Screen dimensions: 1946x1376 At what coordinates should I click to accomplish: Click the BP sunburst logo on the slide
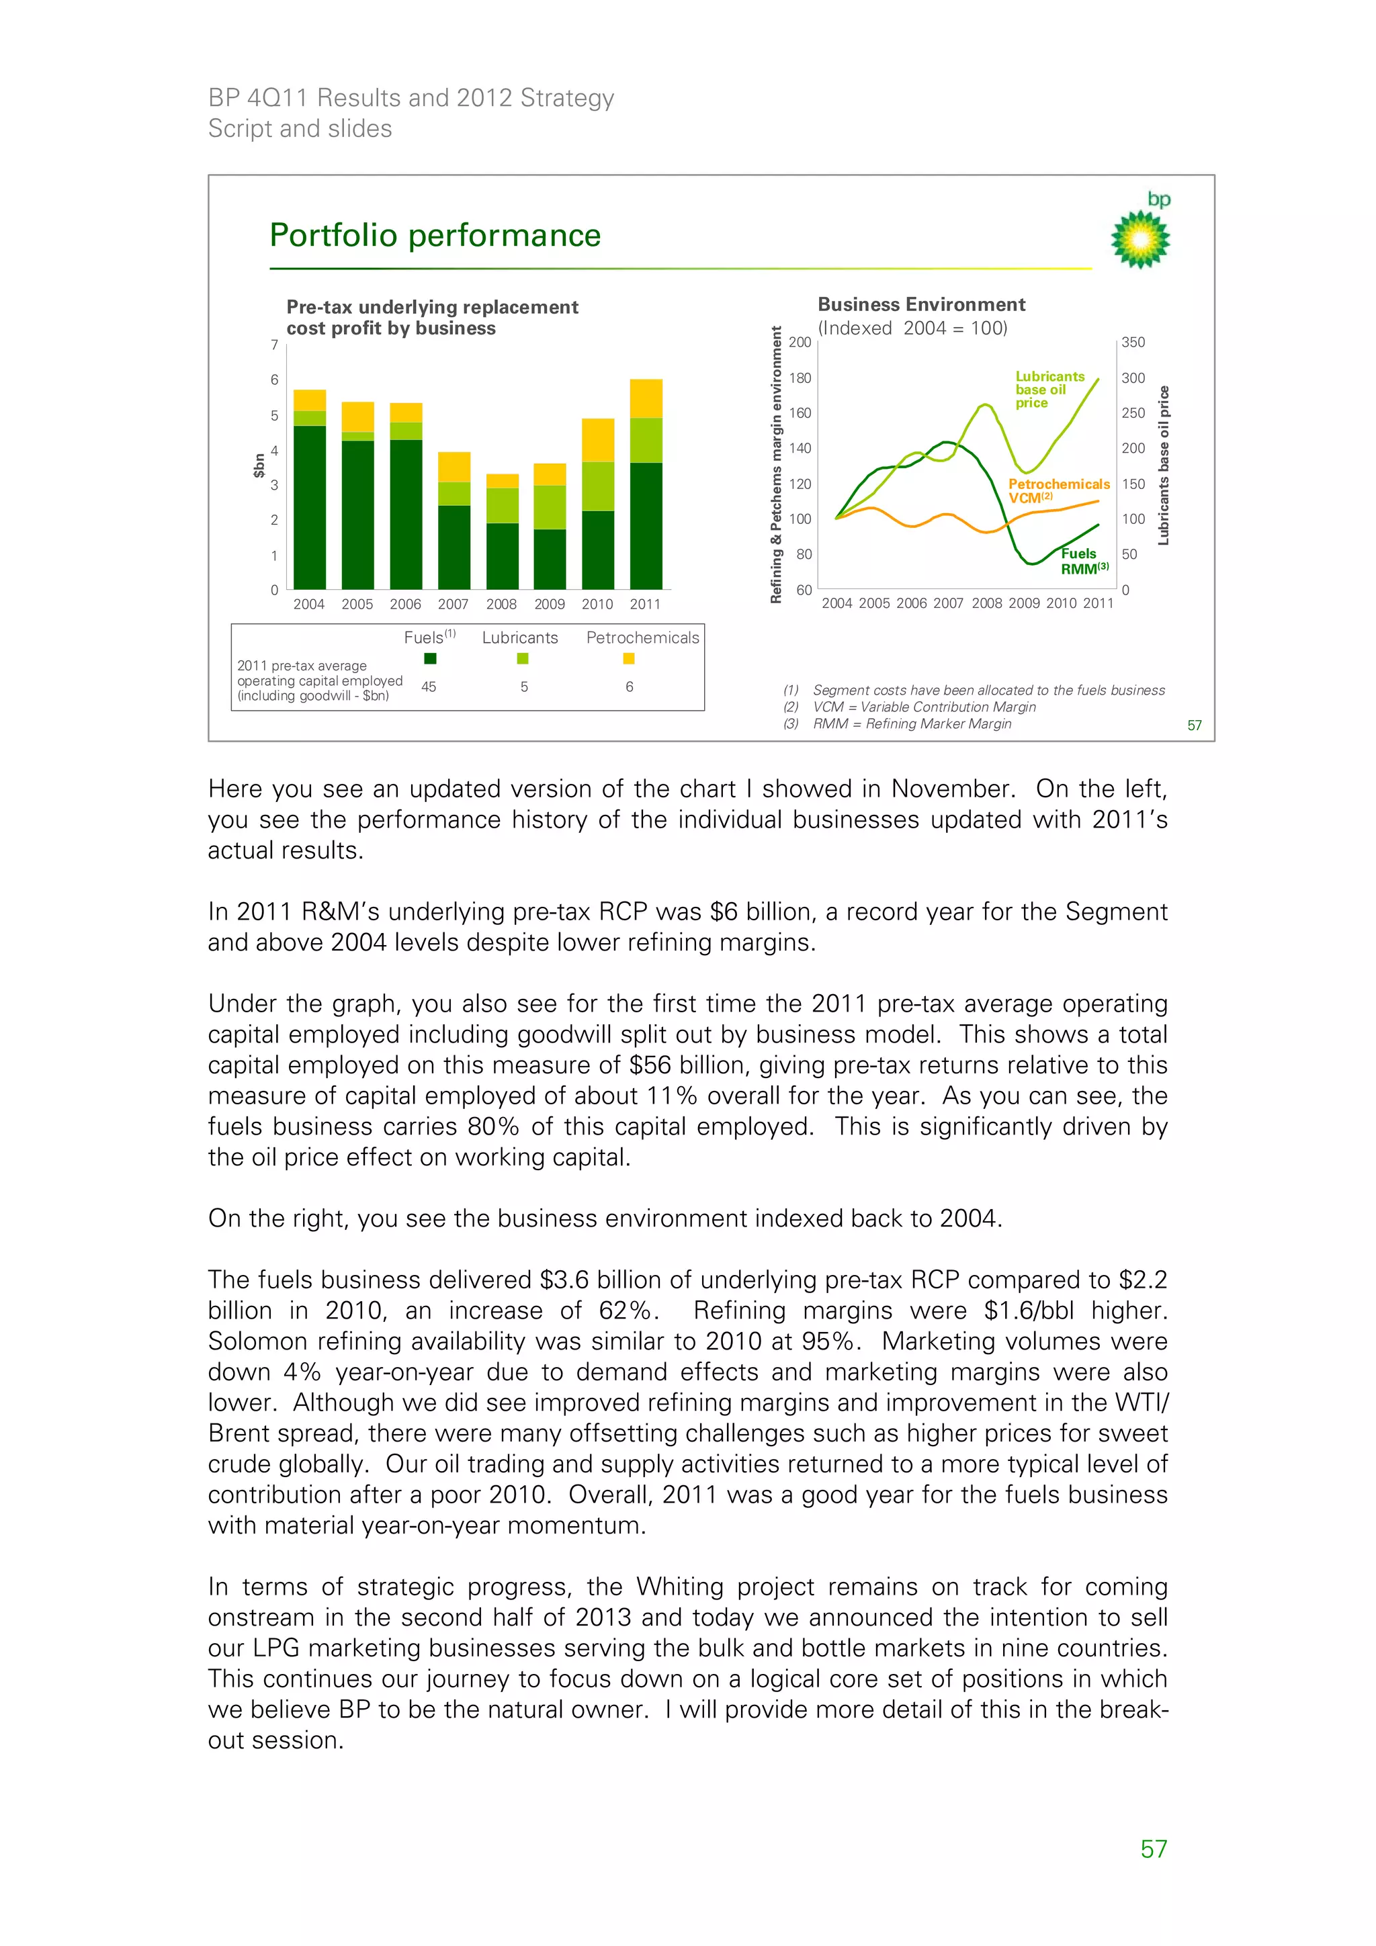coord(1140,238)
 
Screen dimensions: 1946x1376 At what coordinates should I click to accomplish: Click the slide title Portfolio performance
coord(435,236)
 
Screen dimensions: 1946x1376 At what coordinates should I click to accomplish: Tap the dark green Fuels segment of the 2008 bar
coord(502,556)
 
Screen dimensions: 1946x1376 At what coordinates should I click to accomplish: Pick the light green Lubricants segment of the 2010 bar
coord(598,486)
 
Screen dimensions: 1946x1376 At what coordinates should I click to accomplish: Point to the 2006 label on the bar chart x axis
coord(405,605)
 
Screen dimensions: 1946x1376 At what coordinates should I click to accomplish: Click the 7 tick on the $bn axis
coord(274,345)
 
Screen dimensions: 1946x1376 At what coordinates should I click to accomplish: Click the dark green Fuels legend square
coord(430,658)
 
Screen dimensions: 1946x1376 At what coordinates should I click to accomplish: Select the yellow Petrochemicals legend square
coord(628,658)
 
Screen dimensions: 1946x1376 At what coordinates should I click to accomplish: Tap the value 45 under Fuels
coord(429,687)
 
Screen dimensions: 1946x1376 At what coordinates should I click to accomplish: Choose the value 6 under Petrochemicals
coord(629,687)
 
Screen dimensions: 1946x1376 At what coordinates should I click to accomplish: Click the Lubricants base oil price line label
coord(1049,389)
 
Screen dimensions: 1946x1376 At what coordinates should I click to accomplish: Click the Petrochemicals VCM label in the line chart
coord(1058,490)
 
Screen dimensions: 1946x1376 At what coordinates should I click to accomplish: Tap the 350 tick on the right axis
coord(1133,343)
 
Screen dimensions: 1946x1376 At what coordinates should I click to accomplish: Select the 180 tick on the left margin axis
coord(800,378)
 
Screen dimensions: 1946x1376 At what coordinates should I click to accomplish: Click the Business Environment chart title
coord(920,304)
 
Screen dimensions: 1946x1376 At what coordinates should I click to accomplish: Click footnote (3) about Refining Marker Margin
coord(912,724)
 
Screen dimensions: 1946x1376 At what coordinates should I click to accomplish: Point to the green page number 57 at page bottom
coord(1153,1849)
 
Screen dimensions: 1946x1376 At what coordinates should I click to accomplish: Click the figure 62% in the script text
coord(628,1311)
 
